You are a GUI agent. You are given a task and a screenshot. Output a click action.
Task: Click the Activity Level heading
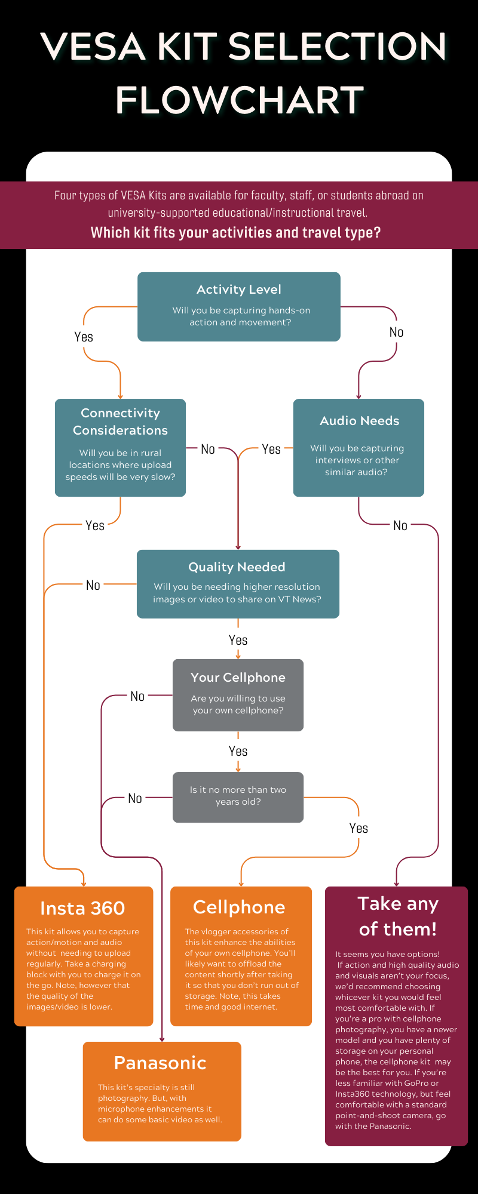(239, 290)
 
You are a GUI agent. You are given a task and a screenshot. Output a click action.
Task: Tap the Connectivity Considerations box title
(120, 421)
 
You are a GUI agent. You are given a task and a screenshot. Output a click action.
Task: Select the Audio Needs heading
(359, 421)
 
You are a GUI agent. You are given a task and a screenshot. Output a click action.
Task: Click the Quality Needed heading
(237, 567)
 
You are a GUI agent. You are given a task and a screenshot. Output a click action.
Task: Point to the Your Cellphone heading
(238, 678)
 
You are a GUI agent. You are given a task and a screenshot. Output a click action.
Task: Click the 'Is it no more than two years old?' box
(238, 798)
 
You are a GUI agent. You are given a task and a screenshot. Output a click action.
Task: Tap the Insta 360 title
(82, 908)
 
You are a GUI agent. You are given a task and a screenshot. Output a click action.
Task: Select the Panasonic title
(160, 1063)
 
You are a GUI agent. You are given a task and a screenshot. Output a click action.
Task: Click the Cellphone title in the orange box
(239, 907)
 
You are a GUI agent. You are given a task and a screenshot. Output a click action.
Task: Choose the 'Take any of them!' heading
(398, 916)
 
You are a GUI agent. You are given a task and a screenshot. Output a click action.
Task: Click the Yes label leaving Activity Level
(84, 337)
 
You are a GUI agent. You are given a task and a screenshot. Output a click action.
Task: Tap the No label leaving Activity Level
(396, 332)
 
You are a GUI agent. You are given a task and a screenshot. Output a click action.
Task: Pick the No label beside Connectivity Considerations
(207, 449)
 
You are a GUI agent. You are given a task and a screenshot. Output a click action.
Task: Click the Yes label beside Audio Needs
(271, 449)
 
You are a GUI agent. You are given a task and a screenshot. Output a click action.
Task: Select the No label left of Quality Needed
(93, 585)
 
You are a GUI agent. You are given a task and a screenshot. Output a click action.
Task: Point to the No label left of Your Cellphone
(137, 696)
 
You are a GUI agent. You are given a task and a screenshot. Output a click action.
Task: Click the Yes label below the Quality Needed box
(238, 640)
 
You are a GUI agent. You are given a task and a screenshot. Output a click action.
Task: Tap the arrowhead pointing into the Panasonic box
(162, 1039)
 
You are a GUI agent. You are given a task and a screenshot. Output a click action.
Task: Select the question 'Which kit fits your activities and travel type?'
(235, 232)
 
